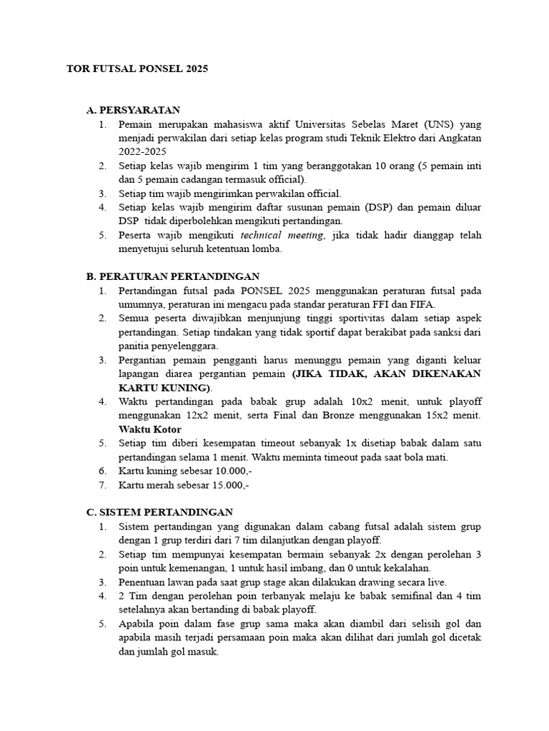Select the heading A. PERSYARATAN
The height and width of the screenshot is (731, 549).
coord(133,111)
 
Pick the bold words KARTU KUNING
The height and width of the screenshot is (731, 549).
coord(164,388)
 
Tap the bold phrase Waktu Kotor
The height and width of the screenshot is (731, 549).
coord(150,429)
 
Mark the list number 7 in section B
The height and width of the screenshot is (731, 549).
coord(103,485)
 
